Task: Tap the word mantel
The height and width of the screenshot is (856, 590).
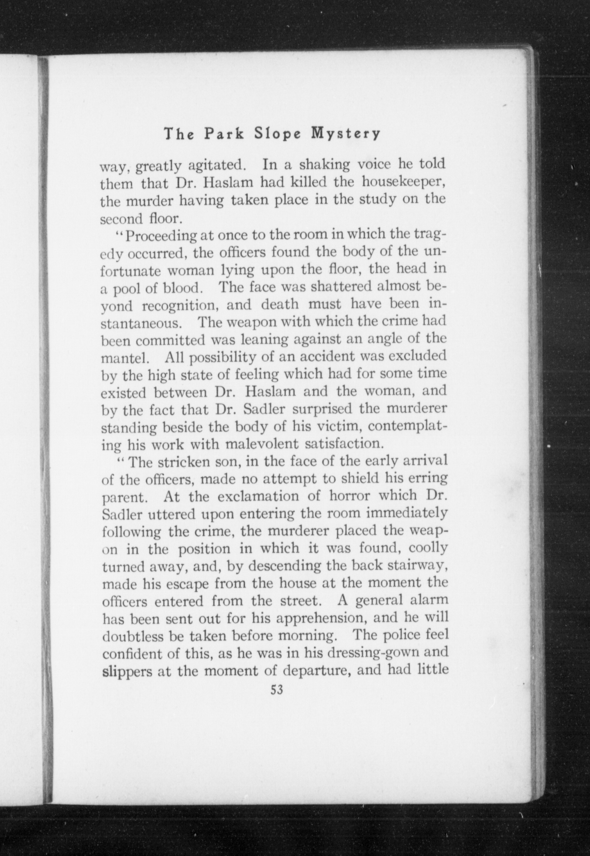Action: (x=125, y=357)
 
